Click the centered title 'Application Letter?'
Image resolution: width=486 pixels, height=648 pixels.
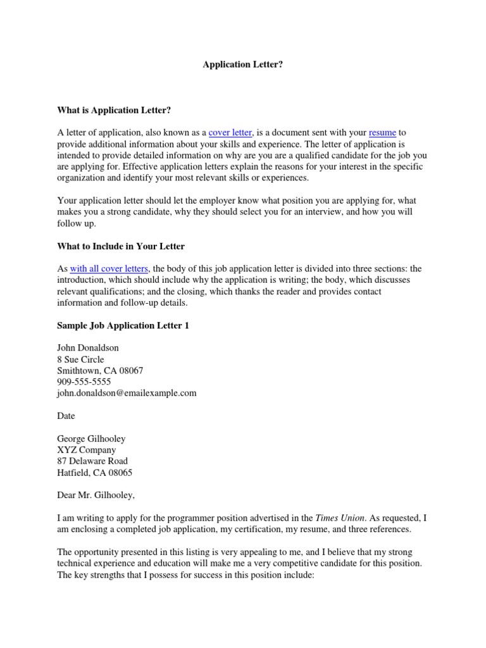(242, 65)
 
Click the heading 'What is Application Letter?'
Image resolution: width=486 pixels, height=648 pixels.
(114, 110)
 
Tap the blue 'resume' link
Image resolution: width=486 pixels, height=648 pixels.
(382, 133)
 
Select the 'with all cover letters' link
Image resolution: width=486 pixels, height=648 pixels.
(109, 269)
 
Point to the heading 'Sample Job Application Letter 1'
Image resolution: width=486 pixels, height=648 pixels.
(123, 326)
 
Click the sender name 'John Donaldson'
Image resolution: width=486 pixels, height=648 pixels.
(87, 348)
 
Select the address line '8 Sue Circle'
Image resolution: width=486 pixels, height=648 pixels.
(80, 359)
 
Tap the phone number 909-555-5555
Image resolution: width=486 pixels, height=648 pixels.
(84, 382)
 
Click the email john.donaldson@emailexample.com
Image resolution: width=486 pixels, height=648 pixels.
(127, 393)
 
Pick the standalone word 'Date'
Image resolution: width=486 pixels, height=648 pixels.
(66, 416)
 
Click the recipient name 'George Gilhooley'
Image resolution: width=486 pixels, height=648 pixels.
(91, 439)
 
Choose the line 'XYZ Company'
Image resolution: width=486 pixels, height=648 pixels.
(86, 450)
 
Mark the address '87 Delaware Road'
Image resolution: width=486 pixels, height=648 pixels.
(92, 461)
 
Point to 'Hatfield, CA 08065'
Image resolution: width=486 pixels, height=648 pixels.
(94, 473)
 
